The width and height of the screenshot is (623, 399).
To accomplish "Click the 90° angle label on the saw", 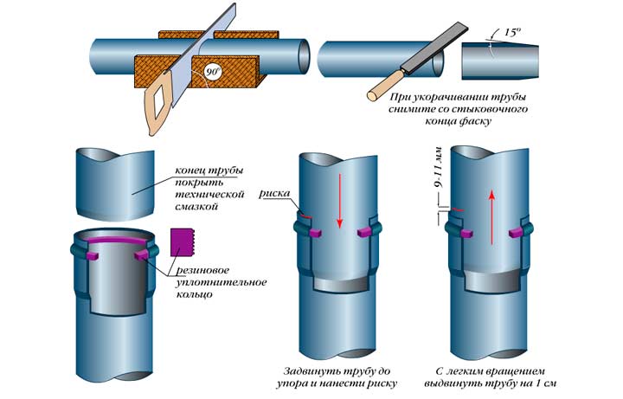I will click(x=211, y=73).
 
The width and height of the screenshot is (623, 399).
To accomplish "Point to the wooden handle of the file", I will click(x=383, y=87).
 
